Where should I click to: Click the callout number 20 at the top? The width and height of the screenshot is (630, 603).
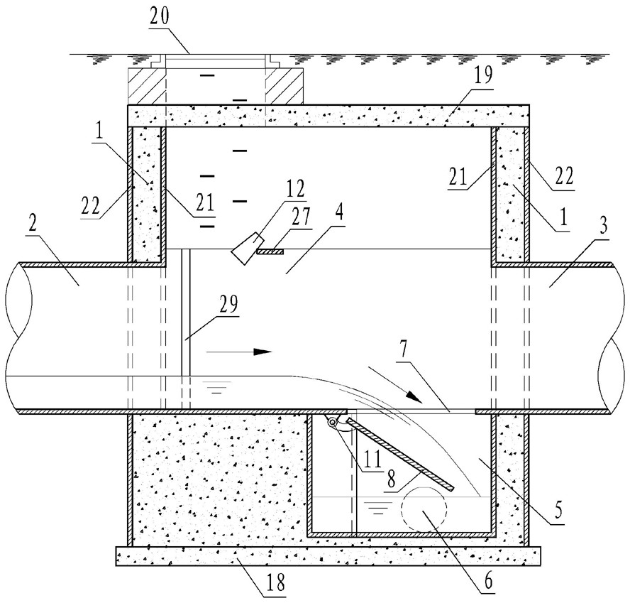pos(160,16)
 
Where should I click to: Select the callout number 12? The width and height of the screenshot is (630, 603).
pos(296,189)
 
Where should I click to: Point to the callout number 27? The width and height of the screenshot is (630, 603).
pos(301,217)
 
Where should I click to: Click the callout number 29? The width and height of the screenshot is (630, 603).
pos(228,304)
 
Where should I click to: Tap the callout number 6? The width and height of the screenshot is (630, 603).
pos(488,582)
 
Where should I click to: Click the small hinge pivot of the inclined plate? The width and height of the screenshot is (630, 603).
pos(333,423)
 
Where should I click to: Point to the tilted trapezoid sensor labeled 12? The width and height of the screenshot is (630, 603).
pos(247,248)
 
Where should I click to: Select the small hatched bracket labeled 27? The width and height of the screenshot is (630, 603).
pos(270,252)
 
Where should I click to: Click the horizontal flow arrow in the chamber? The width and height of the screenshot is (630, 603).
pos(240,352)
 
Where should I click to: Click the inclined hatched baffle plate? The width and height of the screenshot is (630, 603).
pos(400,454)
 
